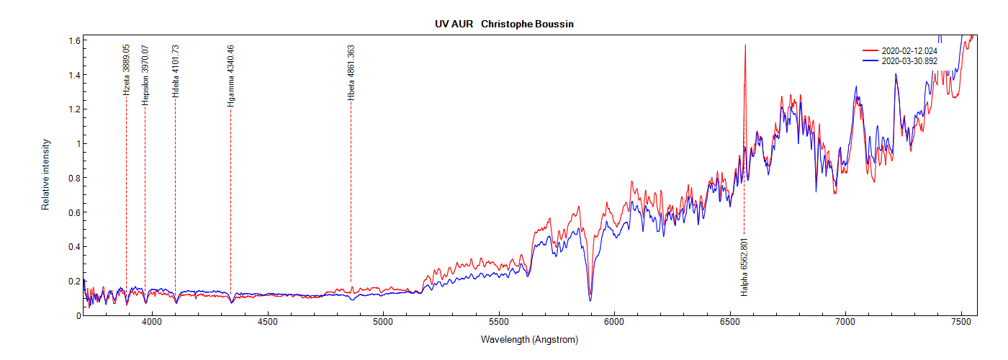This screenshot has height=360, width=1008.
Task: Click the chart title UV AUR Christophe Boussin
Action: [x=504, y=24]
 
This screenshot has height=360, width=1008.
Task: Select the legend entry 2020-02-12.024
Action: [x=909, y=51]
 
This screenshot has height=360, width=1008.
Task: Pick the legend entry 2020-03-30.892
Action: [x=909, y=61]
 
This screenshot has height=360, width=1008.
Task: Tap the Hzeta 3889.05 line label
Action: [x=127, y=70]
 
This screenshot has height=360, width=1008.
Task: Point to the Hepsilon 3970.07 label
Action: [x=145, y=76]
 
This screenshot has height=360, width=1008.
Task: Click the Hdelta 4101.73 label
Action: [x=176, y=71]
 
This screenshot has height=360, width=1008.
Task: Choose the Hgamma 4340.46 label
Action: [x=231, y=76]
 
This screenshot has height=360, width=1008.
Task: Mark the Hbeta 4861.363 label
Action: [x=351, y=73]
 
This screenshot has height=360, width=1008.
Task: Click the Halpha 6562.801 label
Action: [x=744, y=267]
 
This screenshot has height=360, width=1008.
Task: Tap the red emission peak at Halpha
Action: [x=745, y=45]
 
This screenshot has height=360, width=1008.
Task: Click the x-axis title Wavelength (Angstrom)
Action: [x=530, y=339]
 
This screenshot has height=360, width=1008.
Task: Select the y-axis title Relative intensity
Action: [x=45, y=175]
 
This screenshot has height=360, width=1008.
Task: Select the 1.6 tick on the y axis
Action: [x=74, y=41]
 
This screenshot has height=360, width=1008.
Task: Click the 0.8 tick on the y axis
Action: [x=74, y=179]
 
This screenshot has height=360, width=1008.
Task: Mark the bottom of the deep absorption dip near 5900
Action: [x=590, y=299]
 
